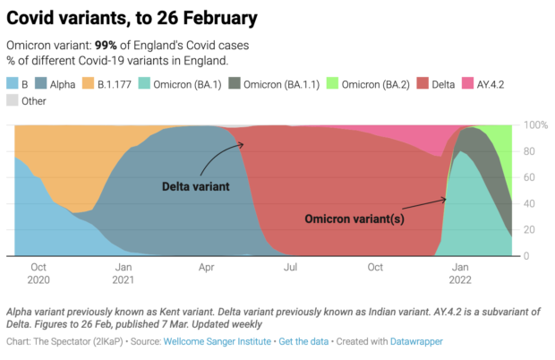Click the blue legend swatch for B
[x=12, y=84]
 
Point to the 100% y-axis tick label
[x=536, y=125]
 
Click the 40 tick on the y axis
[x=531, y=203]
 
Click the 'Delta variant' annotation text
[x=196, y=187]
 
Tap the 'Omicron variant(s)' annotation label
[x=354, y=218]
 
